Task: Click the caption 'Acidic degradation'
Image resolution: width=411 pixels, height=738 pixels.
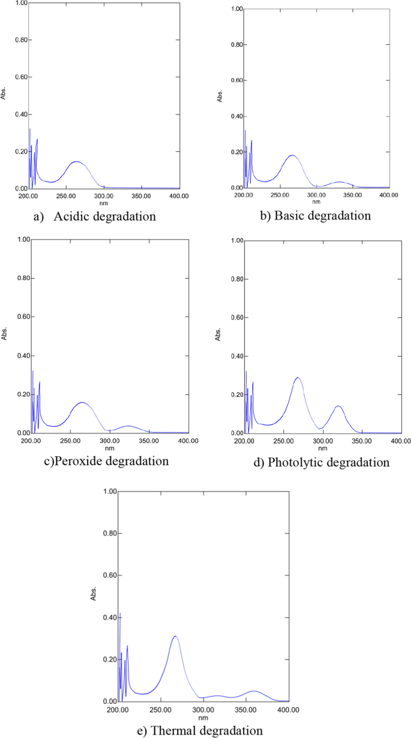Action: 104,216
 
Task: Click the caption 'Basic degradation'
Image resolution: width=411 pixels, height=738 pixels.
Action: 315,215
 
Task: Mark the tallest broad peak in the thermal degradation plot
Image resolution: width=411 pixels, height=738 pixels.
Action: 175,637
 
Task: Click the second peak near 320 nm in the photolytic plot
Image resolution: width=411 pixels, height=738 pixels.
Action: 338,406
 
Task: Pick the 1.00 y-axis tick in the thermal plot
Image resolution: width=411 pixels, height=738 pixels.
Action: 108,492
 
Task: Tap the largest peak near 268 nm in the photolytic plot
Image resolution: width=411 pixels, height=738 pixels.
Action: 297,378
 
